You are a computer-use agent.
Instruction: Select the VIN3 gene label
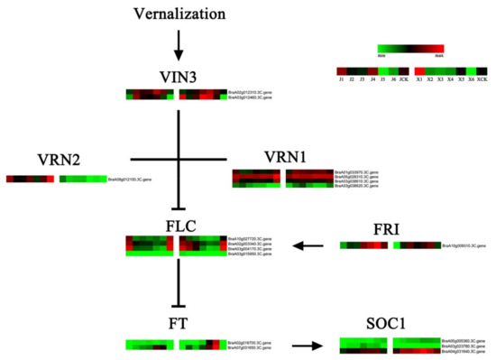coord(177,74)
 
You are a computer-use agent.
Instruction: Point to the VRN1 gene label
coord(287,155)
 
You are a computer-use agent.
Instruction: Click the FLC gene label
coord(178,223)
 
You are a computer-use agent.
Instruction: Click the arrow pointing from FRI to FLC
coord(312,245)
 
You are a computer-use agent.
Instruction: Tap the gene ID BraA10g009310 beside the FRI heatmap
coord(464,245)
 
